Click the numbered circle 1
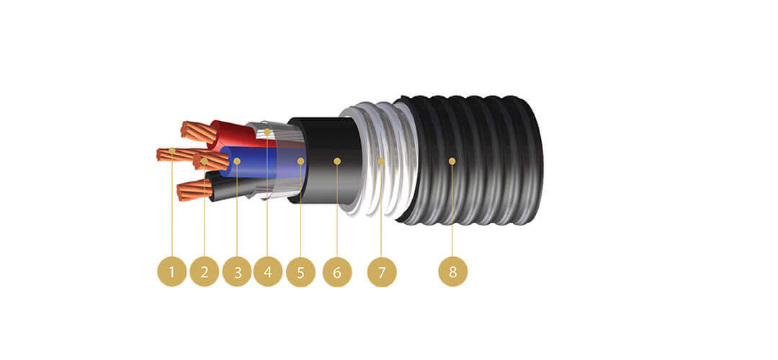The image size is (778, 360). [171, 272]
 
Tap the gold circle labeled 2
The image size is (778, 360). [205, 272]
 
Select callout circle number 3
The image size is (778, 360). [237, 272]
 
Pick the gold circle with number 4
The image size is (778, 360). [268, 272]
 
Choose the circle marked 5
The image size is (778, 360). [300, 272]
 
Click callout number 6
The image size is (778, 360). [337, 272]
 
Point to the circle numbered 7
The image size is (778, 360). [382, 272]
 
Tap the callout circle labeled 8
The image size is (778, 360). [452, 272]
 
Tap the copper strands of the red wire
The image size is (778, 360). [198, 131]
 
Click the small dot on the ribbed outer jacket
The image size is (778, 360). [452, 161]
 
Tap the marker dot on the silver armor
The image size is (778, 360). [382, 161]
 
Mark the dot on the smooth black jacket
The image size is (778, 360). [337, 161]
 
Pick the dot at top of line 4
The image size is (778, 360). [268, 132]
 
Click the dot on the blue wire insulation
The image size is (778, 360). [237, 161]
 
